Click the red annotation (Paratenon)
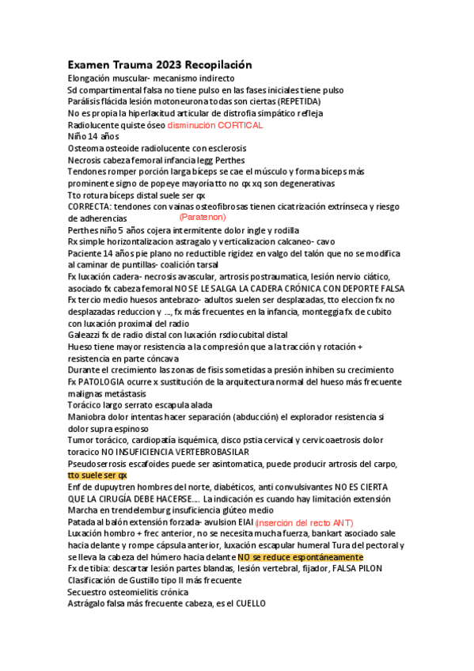pos(203,216)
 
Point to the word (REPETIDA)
pos(298,102)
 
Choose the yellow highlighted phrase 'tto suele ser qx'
pos(97,476)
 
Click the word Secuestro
pos(89,592)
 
